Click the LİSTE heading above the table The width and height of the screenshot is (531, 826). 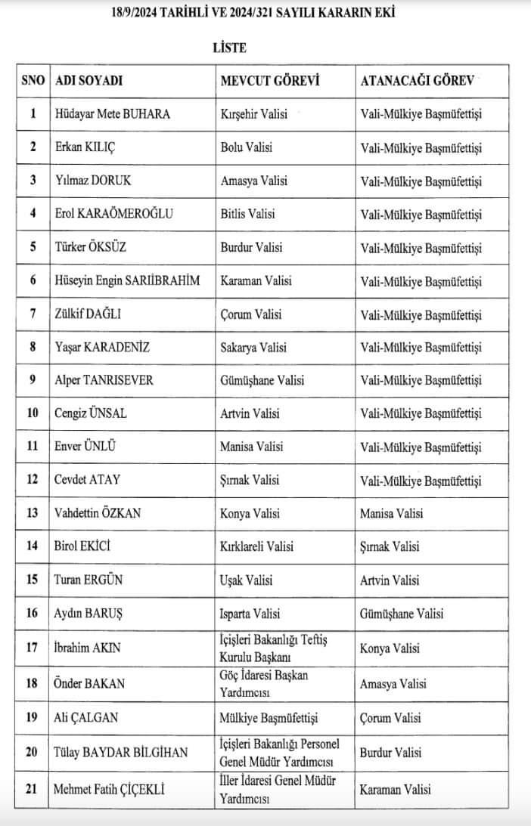coord(229,47)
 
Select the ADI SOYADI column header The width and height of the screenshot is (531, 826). coord(89,81)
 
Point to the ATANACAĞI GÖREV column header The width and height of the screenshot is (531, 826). coord(421,81)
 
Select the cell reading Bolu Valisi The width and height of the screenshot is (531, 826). coord(247,147)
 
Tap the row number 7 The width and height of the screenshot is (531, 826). coord(33,314)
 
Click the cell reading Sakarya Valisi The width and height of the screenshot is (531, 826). coord(253,348)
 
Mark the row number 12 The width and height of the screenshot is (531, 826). coord(33,480)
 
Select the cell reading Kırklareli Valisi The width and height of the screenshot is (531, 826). coord(256,546)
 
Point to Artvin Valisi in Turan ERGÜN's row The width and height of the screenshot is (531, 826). coord(390,580)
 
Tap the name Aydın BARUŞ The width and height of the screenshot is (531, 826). coord(89,614)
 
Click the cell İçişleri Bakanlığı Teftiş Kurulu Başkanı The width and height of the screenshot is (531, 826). coord(273,648)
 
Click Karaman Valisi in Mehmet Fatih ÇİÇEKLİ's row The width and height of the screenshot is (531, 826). coord(396,790)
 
